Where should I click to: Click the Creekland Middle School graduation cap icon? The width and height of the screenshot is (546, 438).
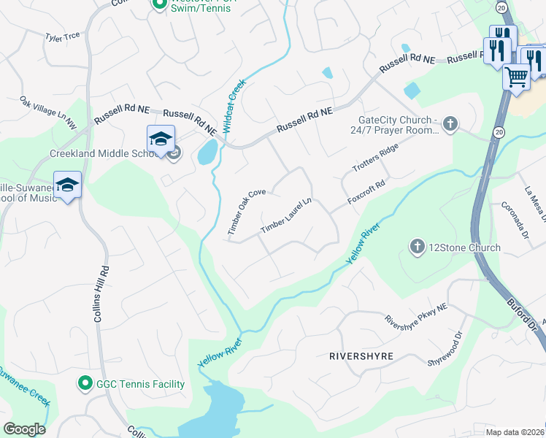click(x=161, y=137)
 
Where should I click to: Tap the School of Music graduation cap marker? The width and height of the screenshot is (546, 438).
click(x=67, y=184)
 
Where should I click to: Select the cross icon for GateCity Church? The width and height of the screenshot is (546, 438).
click(x=450, y=123)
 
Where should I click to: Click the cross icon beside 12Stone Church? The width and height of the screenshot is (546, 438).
click(x=418, y=247)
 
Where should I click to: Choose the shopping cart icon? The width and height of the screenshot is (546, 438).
click(x=517, y=75)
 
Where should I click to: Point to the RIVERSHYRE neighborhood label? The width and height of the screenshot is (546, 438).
click(x=361, y=356)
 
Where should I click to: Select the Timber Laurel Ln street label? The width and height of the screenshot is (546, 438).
click(x=286, y=216)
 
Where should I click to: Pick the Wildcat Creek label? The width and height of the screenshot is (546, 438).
click(x=234, y=105)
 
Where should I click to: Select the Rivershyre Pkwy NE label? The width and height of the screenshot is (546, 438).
click(x=415, y=315)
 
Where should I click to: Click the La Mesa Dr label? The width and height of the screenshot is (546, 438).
click(x=530, y=207)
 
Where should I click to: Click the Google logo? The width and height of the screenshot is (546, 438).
click(x=24, y=429)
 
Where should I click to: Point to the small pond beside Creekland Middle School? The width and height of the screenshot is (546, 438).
click(x=207, y=153)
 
